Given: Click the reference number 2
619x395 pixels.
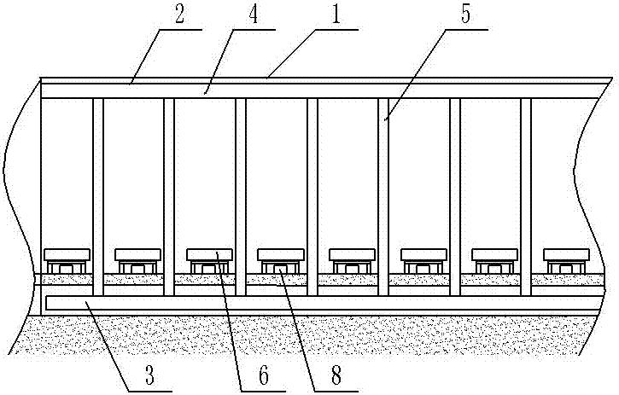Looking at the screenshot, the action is tap(179, 15).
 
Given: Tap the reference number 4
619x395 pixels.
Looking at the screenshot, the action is tap(253, 15).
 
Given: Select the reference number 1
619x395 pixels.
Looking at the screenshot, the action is tap(336, 15).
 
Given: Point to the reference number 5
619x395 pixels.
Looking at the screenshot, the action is tap(466, 15).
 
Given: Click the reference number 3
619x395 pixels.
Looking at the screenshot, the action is tap(149, 375).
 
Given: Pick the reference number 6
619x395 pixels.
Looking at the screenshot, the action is tap(263, 375).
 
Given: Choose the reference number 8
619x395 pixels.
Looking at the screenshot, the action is tap(336, 375).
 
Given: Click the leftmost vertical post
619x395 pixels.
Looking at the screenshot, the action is tap(98, 197).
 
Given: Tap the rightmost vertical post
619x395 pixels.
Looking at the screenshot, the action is tap(526, 197).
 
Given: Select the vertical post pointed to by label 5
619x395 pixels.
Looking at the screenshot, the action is tap(383, 197).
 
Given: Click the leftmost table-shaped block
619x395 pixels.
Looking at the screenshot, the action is tap(67, 261).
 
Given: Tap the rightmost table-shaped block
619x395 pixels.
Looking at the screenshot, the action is tap(567, 261).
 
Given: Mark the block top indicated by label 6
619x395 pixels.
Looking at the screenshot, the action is tap(209, 254).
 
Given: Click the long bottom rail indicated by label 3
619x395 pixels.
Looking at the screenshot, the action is tap(324, 303).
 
